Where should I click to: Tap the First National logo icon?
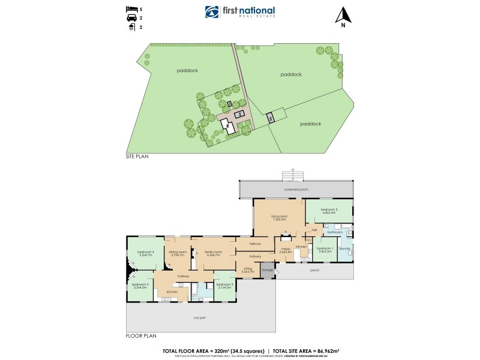[x=211, y=13]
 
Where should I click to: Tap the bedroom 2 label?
[x=329, y=210]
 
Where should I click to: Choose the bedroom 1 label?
[x=325, y=249]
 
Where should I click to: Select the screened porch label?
[x=296, y=189]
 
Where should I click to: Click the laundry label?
[x=344, y=248]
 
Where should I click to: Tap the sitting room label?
[x=248, y=271]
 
